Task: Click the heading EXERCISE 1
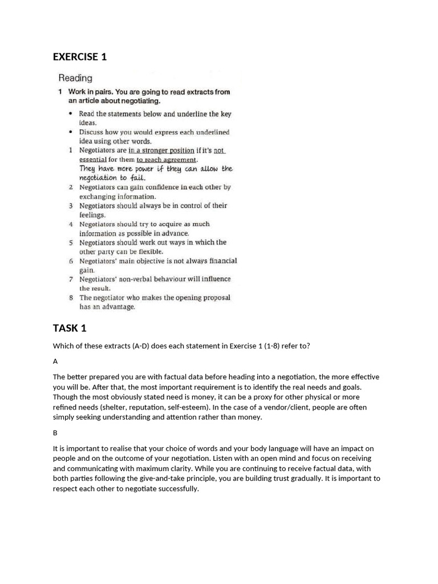click(x=80, y=56)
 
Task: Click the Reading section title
click(x=75, y=78)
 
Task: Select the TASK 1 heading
click(x=70, y=328)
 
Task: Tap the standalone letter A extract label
click(x=55, y=361)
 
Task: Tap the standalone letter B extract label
click(x=55, y=433)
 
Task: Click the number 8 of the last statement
click(x=71, y=298)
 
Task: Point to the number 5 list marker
click(x=71, y=242)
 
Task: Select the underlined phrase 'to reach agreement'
click(x=163, y=160)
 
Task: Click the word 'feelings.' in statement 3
click(x=92, y=215)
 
